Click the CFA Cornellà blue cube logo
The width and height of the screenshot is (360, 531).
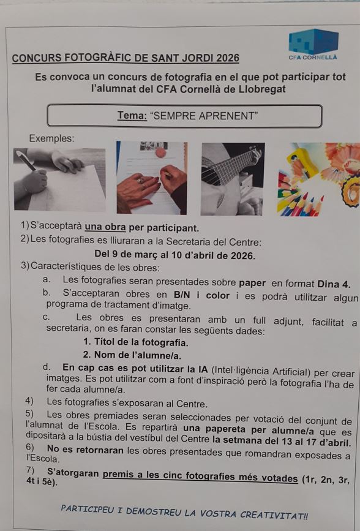point(313,41)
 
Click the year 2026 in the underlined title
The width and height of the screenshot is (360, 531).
point(228,58)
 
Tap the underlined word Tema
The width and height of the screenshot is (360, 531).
point(132,116)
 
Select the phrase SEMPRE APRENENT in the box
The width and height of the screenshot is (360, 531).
point(204,116)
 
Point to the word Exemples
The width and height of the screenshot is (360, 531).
point(51,138)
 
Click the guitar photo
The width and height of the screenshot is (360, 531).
point(233,179)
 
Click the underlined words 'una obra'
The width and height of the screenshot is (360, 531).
point(105,227)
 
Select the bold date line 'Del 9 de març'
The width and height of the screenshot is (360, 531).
point(174,254)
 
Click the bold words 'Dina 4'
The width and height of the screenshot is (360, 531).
point(334,284)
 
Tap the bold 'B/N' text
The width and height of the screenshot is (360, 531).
point(182,295)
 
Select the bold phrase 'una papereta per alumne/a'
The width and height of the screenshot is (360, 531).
point(248,429)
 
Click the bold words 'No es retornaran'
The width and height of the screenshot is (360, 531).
point(85,450)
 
